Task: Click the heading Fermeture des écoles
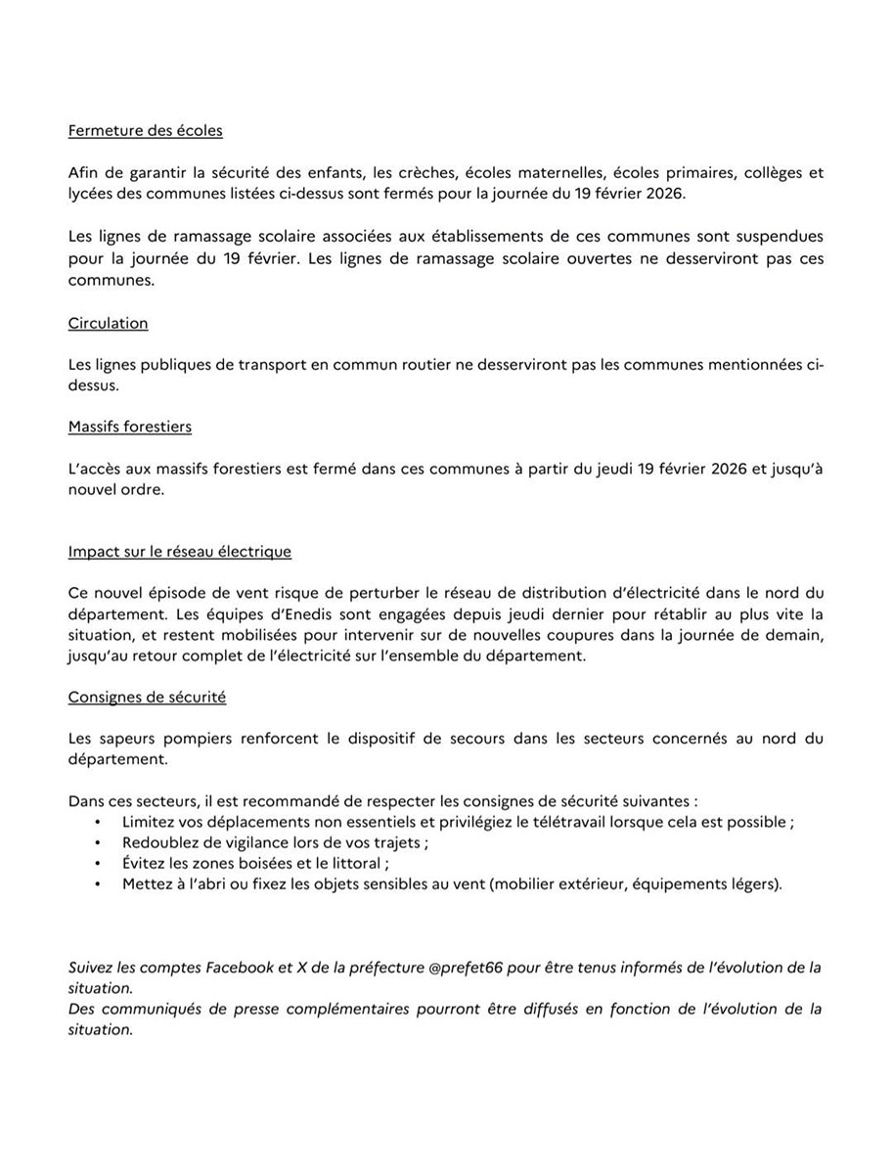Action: coord(146,130)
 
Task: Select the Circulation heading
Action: coord(109,323)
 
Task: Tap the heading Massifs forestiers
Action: coord(130,427)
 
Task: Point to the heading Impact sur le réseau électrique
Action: coord(180,552)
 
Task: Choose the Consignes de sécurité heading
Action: coord(147,697)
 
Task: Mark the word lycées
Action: coord(92,194)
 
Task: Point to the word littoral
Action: coord(356,864)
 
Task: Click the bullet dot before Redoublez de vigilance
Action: coord(98,842)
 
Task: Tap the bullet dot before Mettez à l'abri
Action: coord(98,884)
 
